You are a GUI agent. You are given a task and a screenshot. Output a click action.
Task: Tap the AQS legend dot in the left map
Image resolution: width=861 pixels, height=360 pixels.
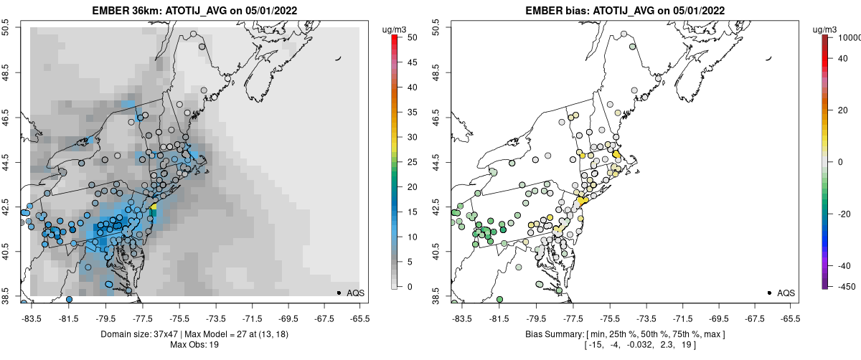[338, 293]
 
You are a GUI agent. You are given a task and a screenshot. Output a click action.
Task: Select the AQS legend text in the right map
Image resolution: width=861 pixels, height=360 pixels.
[786, 293]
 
